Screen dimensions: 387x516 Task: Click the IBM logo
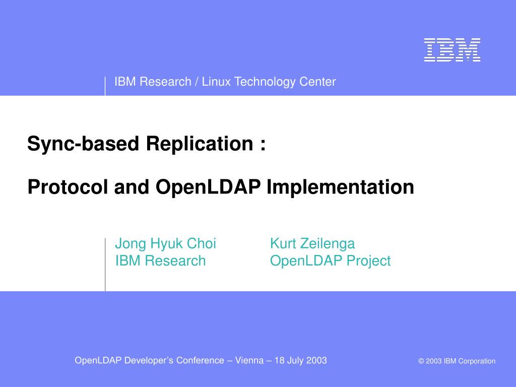click(x=452, y=50)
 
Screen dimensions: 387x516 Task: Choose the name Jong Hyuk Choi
click(x=165, y=244)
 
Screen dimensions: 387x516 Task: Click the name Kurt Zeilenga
click(x=312, y=244)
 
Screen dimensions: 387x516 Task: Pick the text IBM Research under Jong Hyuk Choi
click(x=160, y=261)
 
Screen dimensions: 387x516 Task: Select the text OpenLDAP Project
click(x=330, y=261)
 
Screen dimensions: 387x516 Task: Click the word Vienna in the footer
click(x=249, y=360)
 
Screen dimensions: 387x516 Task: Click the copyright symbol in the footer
click(x=421, y=361)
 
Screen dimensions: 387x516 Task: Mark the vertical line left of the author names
click(x=105, y=265)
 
